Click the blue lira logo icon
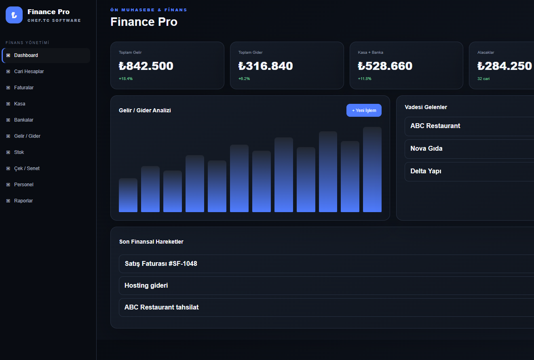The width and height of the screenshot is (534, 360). [14, 15]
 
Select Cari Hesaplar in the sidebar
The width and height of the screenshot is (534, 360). [29, 72]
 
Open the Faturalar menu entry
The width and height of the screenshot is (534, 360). [24, 88]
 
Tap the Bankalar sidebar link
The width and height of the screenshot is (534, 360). [23, 120]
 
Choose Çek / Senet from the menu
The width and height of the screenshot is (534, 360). [27, 168]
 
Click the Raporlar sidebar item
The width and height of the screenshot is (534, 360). [23, 201]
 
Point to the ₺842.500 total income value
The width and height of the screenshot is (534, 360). [146, 66]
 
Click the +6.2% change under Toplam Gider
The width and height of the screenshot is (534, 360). [244, 79]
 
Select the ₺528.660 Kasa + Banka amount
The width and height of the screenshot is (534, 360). [385, 66]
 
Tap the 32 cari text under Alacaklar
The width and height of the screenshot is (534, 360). [483, 79]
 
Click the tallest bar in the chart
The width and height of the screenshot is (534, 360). [372, 169]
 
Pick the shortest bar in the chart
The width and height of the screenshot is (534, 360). [128, 195]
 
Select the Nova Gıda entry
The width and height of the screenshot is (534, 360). [426, 148]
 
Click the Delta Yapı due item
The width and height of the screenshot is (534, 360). [426, 171]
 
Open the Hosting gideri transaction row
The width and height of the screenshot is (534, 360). [146, 285]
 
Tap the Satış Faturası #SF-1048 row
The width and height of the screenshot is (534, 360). [161, 264]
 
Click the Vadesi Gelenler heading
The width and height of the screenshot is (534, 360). [426, 107]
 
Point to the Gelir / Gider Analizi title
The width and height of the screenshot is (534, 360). [145, 110]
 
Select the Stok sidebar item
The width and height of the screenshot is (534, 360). [19, 152]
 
